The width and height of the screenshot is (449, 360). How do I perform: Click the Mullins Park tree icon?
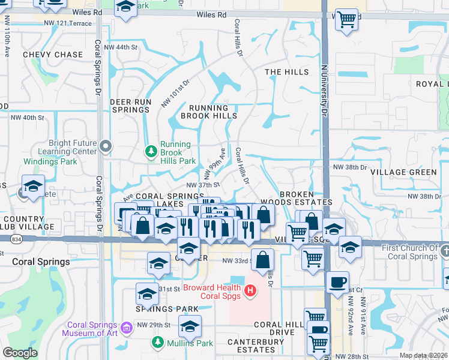[158, 343]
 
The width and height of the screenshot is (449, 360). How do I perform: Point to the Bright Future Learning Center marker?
[106, 146]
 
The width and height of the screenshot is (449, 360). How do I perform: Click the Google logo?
[20, 353]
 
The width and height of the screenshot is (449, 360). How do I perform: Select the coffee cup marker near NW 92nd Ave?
[337, 282]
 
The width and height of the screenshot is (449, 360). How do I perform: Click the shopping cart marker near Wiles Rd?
[346, 20]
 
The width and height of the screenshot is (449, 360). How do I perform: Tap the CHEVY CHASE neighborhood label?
[53, 55]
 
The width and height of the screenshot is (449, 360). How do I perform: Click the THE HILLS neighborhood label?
[287, 72]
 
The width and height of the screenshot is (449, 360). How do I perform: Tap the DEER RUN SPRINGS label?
[130, 106]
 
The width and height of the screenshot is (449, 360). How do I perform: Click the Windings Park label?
[50, 161]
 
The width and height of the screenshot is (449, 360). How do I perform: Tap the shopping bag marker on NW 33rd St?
[263, 260]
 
